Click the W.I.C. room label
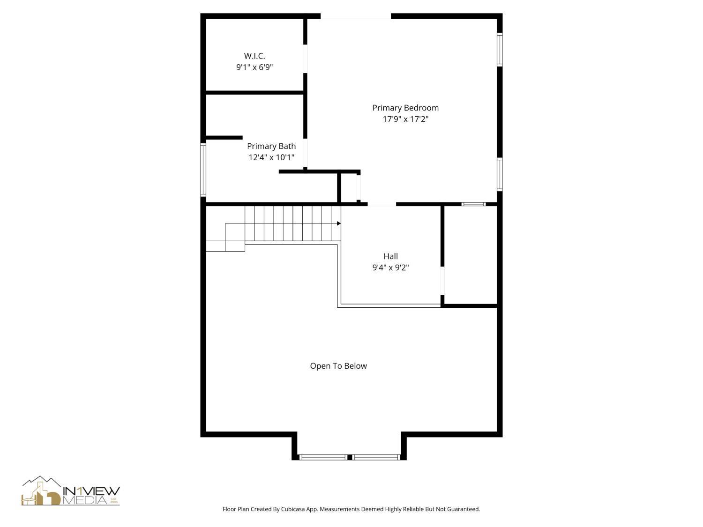tap(254, 56)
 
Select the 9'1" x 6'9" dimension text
tap(254, 67)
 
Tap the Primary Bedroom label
tap(405, 108)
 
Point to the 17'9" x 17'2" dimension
tap(405, 119)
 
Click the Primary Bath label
tap(271, 146)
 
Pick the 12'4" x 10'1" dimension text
tap(271, 157)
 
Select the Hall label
tap(390, 256)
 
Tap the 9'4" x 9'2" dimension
tap(390, 267)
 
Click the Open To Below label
tap(338, 366)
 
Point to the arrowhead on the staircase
tap(338, 223)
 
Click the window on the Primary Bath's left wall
tap(203, 169)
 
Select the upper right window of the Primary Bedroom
tap(500, 49)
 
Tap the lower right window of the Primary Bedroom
tap(500, 174)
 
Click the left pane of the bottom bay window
tap(323, 457)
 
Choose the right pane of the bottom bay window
tap(376, 457)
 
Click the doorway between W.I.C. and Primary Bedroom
tap(306, 59)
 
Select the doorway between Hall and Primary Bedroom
tap(381, 204)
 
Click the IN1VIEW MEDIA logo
tap(70, 492)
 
